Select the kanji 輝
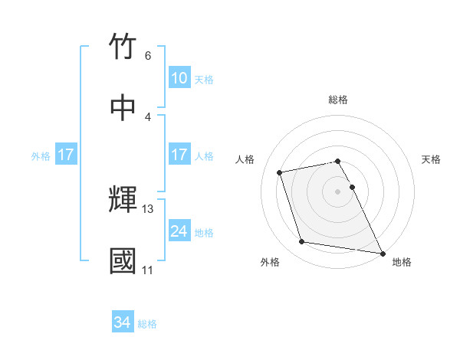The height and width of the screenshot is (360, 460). pos(123,200)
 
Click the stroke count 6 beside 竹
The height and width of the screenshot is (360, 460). pos(148,56)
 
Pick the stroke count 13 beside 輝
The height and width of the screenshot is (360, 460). pos(148,208)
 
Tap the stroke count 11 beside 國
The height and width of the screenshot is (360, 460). pos(148,270)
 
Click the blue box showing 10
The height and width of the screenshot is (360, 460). pos(179,78)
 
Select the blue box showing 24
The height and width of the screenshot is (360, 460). pos(179,231)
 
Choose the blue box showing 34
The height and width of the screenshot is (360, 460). pos(123,323)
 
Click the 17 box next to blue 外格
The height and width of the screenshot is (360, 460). pos(66,155)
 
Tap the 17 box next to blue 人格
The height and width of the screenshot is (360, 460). pos(179,155)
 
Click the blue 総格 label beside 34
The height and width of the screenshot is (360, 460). pos(147,324)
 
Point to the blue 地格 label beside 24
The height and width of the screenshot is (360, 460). pos(204,232)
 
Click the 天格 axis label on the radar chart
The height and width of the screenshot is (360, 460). pos(431,159)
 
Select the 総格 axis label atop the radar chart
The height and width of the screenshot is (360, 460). pos(338,100)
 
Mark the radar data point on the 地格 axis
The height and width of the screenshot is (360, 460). pos(382,253)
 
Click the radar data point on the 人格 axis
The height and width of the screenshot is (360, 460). pos(280,172)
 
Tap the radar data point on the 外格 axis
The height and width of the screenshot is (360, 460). pos(302,242)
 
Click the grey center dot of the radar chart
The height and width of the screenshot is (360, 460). pos(338,191)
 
